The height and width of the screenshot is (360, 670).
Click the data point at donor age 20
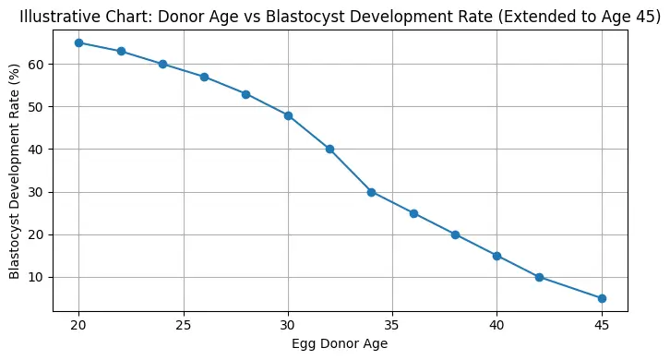click(78, 42)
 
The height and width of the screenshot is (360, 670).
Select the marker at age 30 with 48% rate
click(288, 115)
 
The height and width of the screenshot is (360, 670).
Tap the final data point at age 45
click(602, 298)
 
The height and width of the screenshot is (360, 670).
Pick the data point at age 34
click(371, 192)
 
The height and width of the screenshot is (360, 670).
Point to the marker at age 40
click(497, 256)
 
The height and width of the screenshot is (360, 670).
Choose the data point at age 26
click(204, 77)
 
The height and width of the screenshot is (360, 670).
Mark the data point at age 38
click(455, 234)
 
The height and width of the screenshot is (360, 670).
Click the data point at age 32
click(329, 149)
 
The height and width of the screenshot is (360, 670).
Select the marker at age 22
click(121, 51)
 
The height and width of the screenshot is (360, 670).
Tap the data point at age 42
click(539, 277)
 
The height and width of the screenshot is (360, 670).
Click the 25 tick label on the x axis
click(183, 325)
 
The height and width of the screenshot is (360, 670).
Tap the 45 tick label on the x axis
click(602, 325)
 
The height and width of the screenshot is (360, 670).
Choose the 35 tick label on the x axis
click(392, 325)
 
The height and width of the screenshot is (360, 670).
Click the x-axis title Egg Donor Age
click(340, 344)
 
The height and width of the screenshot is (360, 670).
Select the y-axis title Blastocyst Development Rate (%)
click(15, 171)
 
